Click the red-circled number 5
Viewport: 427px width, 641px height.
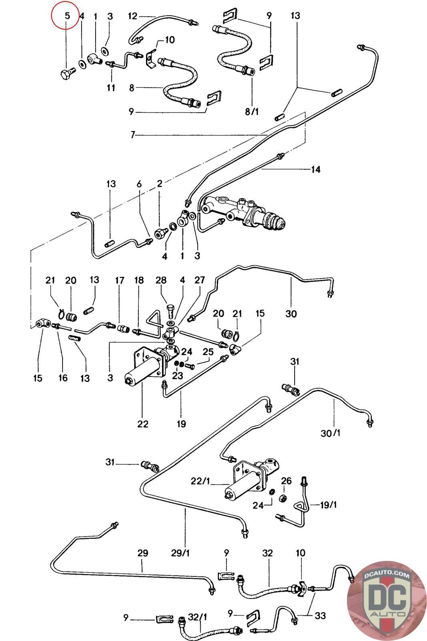tap(67, 16)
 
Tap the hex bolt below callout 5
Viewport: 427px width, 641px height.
tap(68, 74)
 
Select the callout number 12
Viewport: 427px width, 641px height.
tap(132, 16)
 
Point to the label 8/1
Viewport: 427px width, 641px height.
tap(252, 111)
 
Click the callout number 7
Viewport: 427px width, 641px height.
tap(132, 135)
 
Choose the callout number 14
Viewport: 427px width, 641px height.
tap(315, 169)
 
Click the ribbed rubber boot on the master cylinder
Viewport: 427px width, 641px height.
tap(275, 221)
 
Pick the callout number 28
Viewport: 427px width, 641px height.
tap(161, 280)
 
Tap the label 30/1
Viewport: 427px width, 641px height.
tap(331, 433)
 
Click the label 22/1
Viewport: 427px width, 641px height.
tap(200, 481)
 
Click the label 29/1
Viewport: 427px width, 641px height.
tap(180, 553)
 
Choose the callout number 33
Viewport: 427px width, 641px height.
tap(320, 615)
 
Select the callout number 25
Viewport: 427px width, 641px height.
tap(208, 352)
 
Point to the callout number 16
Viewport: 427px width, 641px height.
tap(63, 378)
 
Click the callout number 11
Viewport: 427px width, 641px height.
tap(111, 87)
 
